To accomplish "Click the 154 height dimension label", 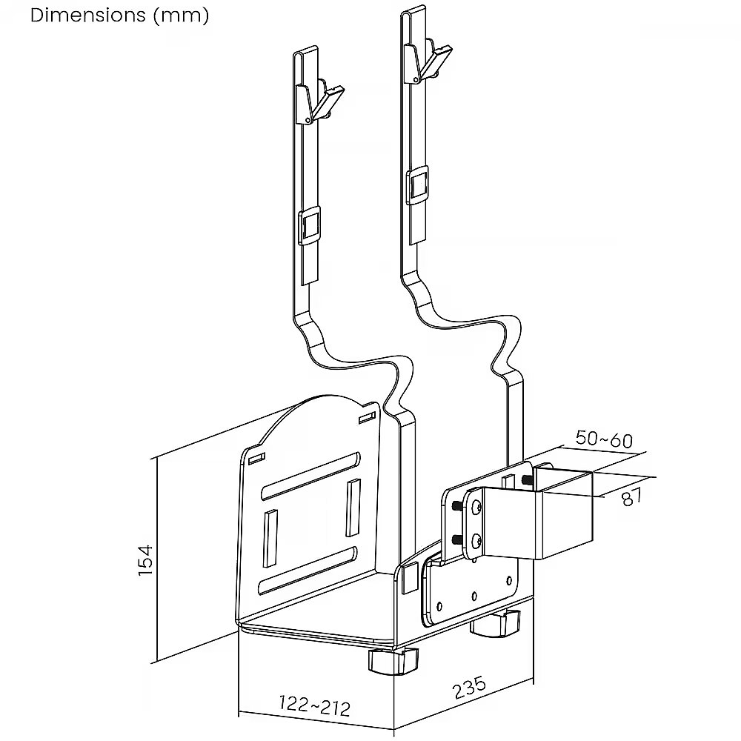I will coord(146,560).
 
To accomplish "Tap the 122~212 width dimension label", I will coord(313,705).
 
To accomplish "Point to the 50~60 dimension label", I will coord(604,439).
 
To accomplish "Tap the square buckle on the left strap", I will coord(310,225).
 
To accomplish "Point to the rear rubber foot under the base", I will coord(496,624).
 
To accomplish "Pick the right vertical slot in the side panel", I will coord(353,507).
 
